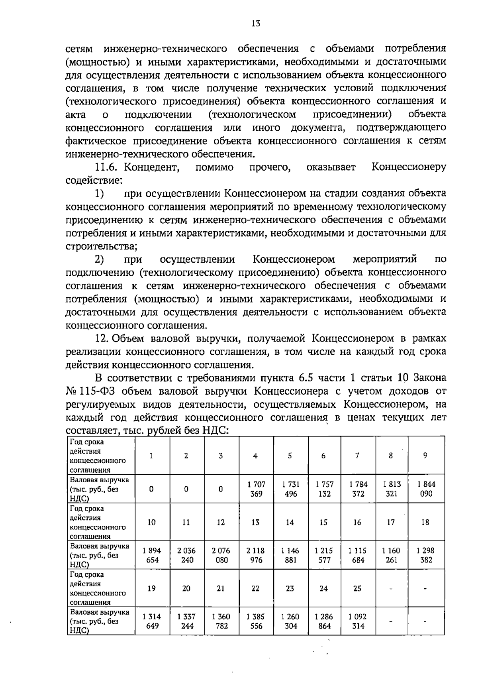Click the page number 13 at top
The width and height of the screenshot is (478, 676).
[x=256, y=24]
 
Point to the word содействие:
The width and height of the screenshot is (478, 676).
[x=93, y=180]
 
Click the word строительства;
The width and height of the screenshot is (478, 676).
[x=101, y=246]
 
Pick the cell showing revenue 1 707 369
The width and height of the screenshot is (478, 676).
[x=256, y=489]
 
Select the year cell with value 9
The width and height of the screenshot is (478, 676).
[x=425, y=456]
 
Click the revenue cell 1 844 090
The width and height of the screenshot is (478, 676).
[x=426, y=489]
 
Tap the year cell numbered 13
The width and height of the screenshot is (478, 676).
[x=255, y=522]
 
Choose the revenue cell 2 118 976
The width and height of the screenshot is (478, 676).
[x=256, y=555]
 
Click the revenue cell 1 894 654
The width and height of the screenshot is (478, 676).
[x=152, y=555]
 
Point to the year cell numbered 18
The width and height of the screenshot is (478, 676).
[x=425, y=522]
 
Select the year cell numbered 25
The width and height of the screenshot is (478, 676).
[x=357, y=588]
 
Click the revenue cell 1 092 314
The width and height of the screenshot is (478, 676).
[x=358, y=621]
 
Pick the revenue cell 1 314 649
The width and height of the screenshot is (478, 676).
[x=152, y=621]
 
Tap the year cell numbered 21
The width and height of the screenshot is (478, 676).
[x=221, y=588]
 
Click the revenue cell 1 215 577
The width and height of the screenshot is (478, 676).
[x=324, y=555]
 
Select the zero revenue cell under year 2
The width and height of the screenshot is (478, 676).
[x=186, y=489]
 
